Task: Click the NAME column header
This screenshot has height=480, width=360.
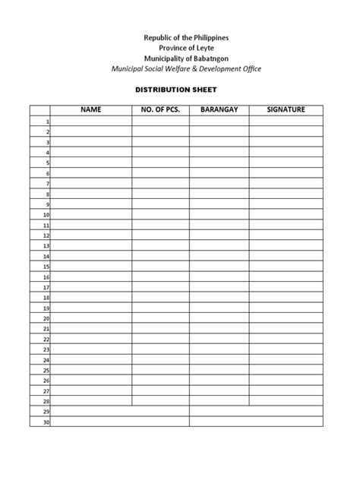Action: (x=90, y=110)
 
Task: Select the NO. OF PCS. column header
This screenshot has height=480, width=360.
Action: (x=160, y=110)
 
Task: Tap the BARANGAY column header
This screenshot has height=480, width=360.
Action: (x=219, y=110)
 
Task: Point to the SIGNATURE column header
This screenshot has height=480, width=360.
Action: (x=286, y=110)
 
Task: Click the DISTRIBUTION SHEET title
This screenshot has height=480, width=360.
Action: (x=179, y=88)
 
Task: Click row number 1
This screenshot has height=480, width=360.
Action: (x=47, y=122)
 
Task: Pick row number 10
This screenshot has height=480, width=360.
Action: (x=46, y=215)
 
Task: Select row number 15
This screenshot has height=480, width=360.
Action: (x=46, y=267)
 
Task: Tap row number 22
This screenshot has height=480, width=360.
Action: (x=46, y=339)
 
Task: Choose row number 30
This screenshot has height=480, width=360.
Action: (x=46, y=422)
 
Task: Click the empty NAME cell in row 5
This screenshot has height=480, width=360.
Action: (x=90, y=163)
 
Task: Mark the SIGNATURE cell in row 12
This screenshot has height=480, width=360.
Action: (x=286, y=235)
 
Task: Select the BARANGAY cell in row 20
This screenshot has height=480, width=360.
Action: (x=219, y=318)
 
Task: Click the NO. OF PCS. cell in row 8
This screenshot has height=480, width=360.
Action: (x=160, y=194)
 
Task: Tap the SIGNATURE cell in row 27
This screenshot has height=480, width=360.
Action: (x=286, y=391)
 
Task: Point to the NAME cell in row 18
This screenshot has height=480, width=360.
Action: (x=90, y=298)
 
